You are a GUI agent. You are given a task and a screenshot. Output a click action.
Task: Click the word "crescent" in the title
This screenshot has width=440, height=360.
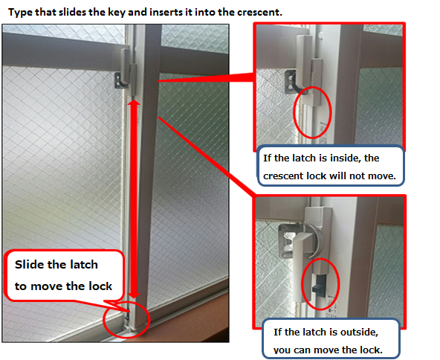258,13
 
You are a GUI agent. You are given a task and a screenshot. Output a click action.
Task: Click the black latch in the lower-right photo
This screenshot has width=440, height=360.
320,286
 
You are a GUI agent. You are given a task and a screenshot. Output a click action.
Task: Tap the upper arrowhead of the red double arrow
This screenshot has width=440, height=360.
134,103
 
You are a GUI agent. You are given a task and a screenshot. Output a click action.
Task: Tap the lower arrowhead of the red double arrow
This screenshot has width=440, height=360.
134,295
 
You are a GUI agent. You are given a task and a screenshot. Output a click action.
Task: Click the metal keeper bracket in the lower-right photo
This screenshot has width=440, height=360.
287,241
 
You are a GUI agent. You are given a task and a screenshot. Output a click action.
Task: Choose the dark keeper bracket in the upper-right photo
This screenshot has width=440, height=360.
291,82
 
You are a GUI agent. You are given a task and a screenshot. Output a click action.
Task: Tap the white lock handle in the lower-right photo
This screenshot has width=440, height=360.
301,267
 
